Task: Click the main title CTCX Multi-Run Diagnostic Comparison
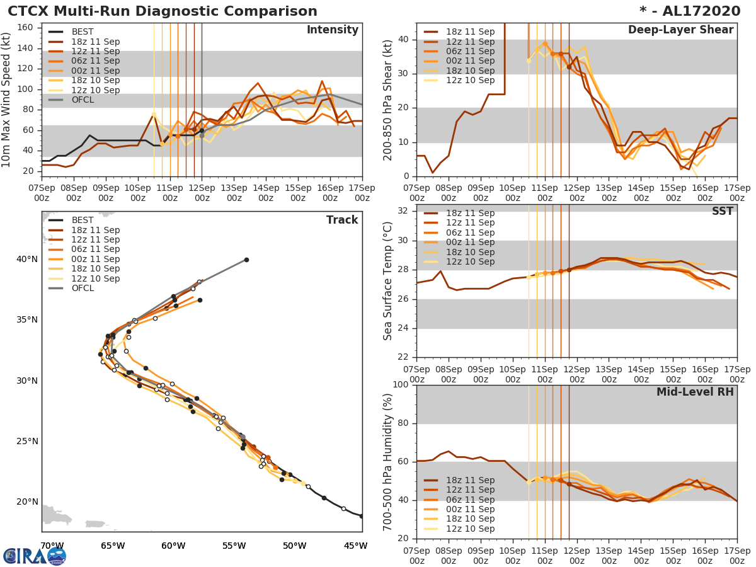click(x=163, y=11)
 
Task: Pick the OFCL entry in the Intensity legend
click(x=83, y=100)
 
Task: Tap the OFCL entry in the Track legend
click(x=83, y=288)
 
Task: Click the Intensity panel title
click(x=332, y=30)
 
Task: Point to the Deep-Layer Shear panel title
click(x=680, y=30)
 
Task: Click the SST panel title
click(x=722, y=211)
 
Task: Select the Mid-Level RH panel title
click(x=695, y=392)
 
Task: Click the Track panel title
click(x=342, y=220)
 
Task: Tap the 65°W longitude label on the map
click(x=113, y=546)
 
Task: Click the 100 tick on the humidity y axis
click(x=401, y=385)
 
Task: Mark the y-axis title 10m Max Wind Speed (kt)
click(x=7, y=100)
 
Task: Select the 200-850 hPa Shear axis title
click(x=388, y=100)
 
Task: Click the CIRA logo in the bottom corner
click(x=35, y=556)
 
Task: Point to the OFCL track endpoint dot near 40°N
click(x=246, y=260)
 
